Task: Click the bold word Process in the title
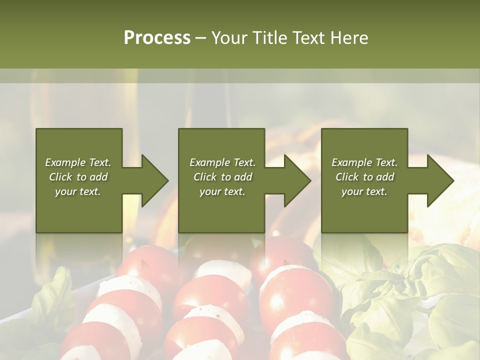(157, 38)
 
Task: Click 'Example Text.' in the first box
(78, 162)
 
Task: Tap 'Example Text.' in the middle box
(222, 162)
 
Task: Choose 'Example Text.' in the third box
(364, 162)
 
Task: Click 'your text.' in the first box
(78, 191)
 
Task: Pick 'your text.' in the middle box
(222, 191)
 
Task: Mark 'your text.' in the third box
(364, 191)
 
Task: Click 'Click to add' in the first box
(78, 177)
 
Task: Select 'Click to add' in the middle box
(222, 177)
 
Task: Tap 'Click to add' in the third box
(364, 177)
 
